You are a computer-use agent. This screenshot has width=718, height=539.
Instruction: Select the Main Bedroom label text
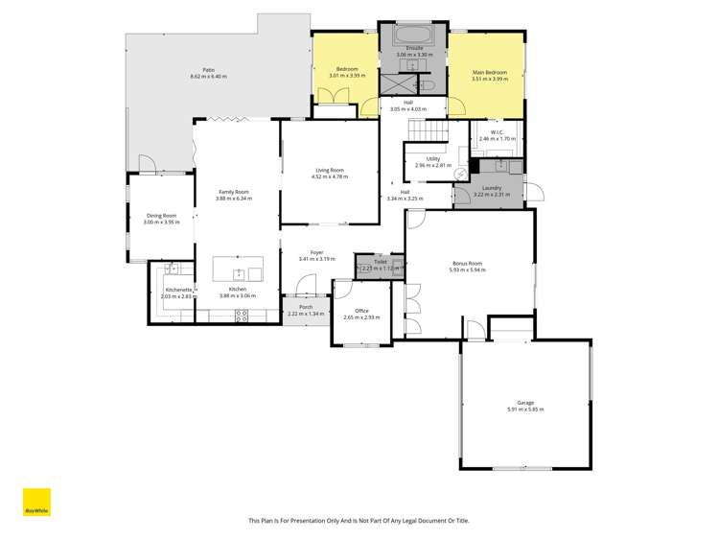(x=490, y=73)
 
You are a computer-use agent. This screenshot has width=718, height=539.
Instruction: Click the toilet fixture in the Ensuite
(x=428, y=85)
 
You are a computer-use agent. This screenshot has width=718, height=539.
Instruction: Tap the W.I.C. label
(x=497, y=132)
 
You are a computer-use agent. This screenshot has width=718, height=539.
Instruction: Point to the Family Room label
(x=235, y=193)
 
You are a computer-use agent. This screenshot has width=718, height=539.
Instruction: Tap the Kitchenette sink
(x=172, y=269)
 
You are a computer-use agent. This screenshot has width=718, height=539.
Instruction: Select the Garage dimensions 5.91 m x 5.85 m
(x=525, y=409)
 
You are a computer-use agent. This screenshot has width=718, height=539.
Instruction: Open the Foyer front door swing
(x=307, y=284)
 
